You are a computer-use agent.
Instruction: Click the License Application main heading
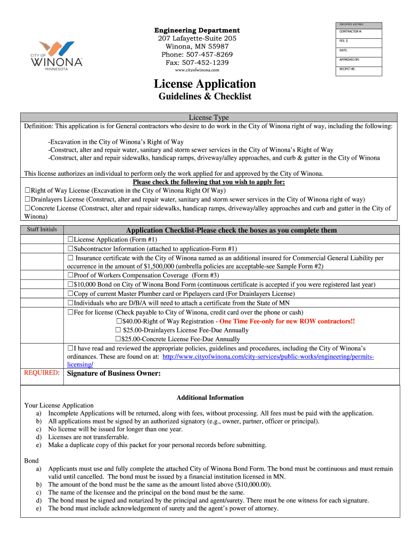click(x=204, y=84)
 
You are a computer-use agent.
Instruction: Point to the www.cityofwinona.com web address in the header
click(x=197, y=70)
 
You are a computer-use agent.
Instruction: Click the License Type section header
click(x=209, y=117)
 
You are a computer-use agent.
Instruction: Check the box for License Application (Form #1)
click(x=70, y=240)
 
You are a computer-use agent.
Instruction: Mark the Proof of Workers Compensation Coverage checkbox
click(x=70, y=276)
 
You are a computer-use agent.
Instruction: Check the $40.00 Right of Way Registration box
click(x=119, y=321)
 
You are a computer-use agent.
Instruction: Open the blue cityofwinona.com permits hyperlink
click(x=268, y=356)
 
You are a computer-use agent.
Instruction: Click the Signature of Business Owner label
click(x=113, y=373)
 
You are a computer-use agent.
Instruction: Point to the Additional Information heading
click(x=210, y=398)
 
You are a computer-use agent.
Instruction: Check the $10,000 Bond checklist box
click(x=70, y=285)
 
